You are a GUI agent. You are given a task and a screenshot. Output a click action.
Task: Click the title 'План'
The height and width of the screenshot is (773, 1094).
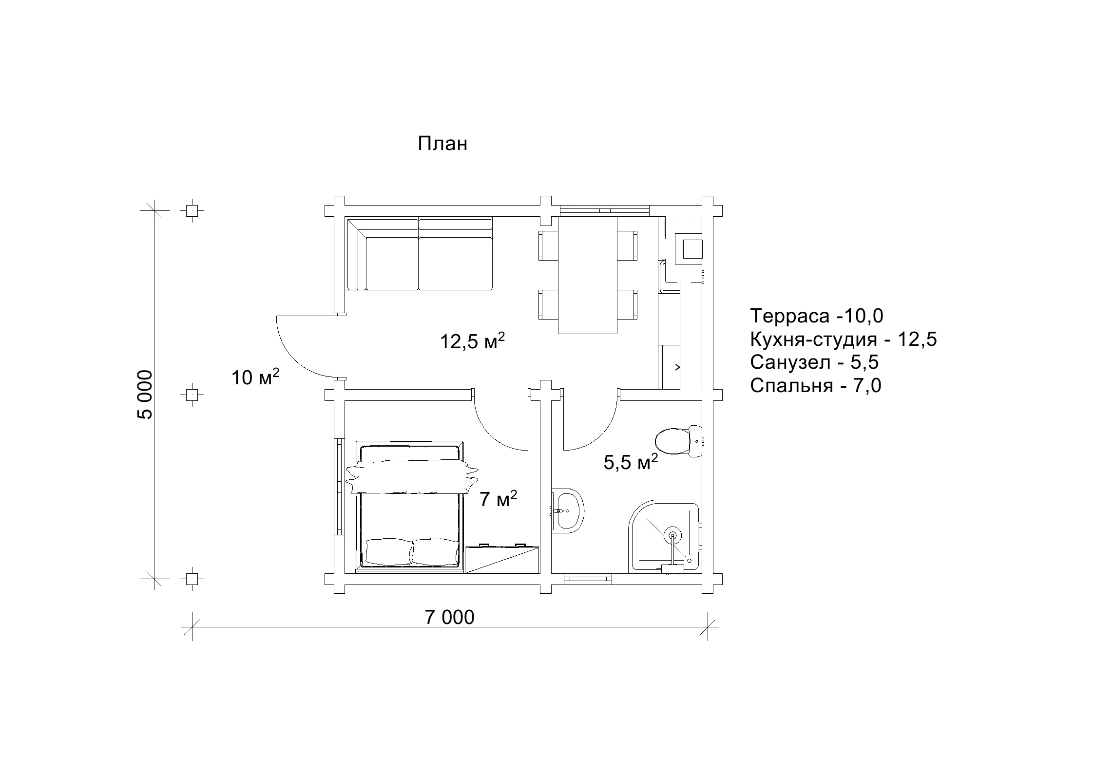pyautogui.click(x=442, y=144)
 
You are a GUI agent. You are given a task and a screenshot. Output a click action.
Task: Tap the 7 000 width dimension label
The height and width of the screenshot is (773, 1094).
pyautogui.click(x=449, y=617)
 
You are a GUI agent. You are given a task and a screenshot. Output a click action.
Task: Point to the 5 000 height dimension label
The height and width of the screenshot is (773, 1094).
pyautogui.click(x=145, y=395)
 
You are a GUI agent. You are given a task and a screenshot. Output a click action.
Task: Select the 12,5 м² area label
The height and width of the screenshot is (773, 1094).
pyautogui.click(x=472, y=341)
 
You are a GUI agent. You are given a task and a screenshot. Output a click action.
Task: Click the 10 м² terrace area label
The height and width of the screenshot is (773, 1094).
pyautogui.click(x=255, y=377)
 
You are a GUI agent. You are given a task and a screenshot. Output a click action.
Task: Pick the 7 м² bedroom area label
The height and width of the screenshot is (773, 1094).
pyautogui.click(x=498, y=499)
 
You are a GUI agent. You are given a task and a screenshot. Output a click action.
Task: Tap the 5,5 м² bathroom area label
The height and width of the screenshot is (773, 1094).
pyautogui.click(x=631, y=461)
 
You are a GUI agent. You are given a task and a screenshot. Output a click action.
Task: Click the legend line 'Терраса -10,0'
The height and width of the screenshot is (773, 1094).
pyautogui.click(x=817, y=316)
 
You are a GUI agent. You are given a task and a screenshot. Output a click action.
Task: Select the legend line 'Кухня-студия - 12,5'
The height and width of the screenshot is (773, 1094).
pyautogui.click(x=844, y=339)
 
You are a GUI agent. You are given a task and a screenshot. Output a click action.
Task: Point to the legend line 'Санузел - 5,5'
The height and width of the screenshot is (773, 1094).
pyautogui.click(x=814, y=362)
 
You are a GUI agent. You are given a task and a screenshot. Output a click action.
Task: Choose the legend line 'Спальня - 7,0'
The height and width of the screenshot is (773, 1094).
pyautogui.click(x=816, y=386)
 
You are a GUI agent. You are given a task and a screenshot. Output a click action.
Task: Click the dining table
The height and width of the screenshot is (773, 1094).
pyautogui.click(x=588, y=275)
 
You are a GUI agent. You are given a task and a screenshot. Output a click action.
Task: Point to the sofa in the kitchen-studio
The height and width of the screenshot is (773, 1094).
pyautogui.click(x=420, y=254)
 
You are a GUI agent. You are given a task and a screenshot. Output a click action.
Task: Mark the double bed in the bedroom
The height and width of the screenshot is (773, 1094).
pyautogui.click(x=409, y=506)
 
